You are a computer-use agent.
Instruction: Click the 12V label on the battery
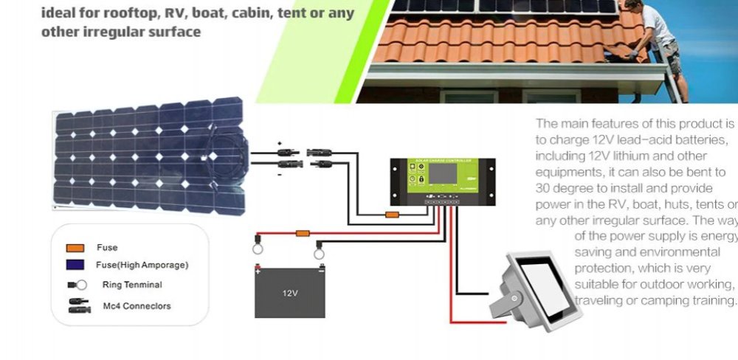pos(290,293)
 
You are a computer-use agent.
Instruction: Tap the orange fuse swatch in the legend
pos(75,248)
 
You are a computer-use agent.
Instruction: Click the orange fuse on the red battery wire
pos(302,233)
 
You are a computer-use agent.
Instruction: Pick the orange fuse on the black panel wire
pos(393,215)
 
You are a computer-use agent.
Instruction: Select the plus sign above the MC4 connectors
pos(280,142)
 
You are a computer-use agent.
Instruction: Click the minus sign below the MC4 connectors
pos(280,175)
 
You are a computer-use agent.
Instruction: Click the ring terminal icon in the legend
pos(77,285)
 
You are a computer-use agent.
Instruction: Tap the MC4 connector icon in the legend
pos(76,305)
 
